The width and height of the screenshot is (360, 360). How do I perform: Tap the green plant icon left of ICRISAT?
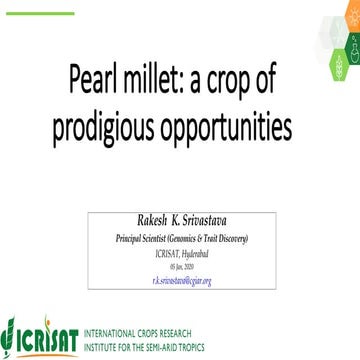(x=14, y=330)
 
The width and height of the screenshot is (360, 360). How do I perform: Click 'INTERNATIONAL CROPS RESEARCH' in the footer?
(x=135, y=327)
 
